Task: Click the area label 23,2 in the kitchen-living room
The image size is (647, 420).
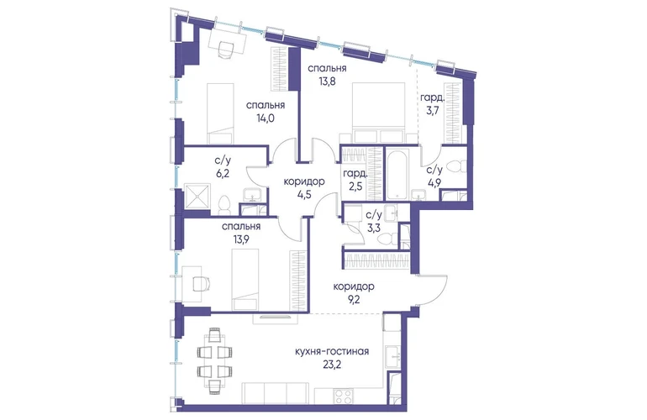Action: (332, 365)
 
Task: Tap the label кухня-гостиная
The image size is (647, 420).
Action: (332, 352)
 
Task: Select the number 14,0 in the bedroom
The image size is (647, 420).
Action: (266, 118)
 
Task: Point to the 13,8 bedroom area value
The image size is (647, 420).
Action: (327, 81)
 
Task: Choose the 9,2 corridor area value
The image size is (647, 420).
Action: (354, 300)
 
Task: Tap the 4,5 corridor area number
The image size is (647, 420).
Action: (304, 194)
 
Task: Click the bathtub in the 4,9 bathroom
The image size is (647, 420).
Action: (397, 175)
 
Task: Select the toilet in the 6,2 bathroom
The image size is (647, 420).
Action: (224, 205)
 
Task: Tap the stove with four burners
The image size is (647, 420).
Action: (344, 396)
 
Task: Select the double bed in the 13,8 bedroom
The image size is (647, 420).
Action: (377, 113)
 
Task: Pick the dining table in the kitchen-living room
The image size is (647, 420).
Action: (214, 358)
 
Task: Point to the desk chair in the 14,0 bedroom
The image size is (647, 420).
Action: (226, 50)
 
